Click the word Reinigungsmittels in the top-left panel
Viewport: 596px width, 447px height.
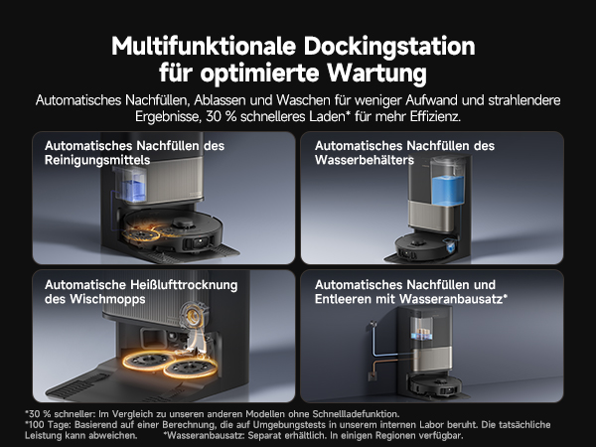[98, 160]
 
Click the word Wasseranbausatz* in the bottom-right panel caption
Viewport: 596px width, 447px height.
[458, 298]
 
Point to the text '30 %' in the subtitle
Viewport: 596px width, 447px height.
[219, 117]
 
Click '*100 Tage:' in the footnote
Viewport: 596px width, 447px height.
[48, 424]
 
